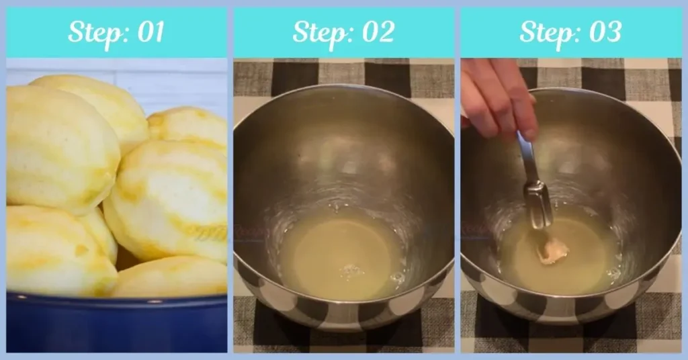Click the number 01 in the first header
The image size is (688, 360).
point(151,32)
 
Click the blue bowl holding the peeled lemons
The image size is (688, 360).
point(117,323)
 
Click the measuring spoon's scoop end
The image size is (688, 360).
point(539,204)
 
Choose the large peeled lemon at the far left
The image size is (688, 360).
point(61,148)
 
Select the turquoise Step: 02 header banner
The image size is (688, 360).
point(343,32)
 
